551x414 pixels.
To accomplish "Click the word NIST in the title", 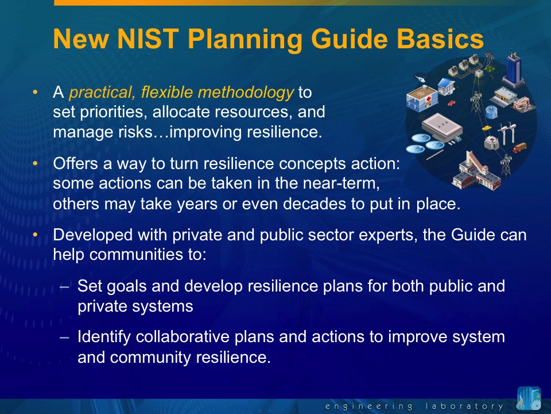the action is click(148, 39).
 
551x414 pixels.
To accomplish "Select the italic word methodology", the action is click(246, 93).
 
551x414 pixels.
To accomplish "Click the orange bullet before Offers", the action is click(35, 163).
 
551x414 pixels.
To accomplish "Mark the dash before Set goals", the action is click(64, 286).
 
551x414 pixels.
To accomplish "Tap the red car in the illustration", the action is click(452, 103).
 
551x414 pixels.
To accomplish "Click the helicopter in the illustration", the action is click(420, 78).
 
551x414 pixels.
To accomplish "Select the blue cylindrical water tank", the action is click(492, 112).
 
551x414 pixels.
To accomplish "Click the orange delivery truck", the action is click(519, 148).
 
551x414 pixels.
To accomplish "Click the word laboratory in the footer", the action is click(464, 406).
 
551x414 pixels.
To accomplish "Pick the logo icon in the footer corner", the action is click(529, 398).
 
